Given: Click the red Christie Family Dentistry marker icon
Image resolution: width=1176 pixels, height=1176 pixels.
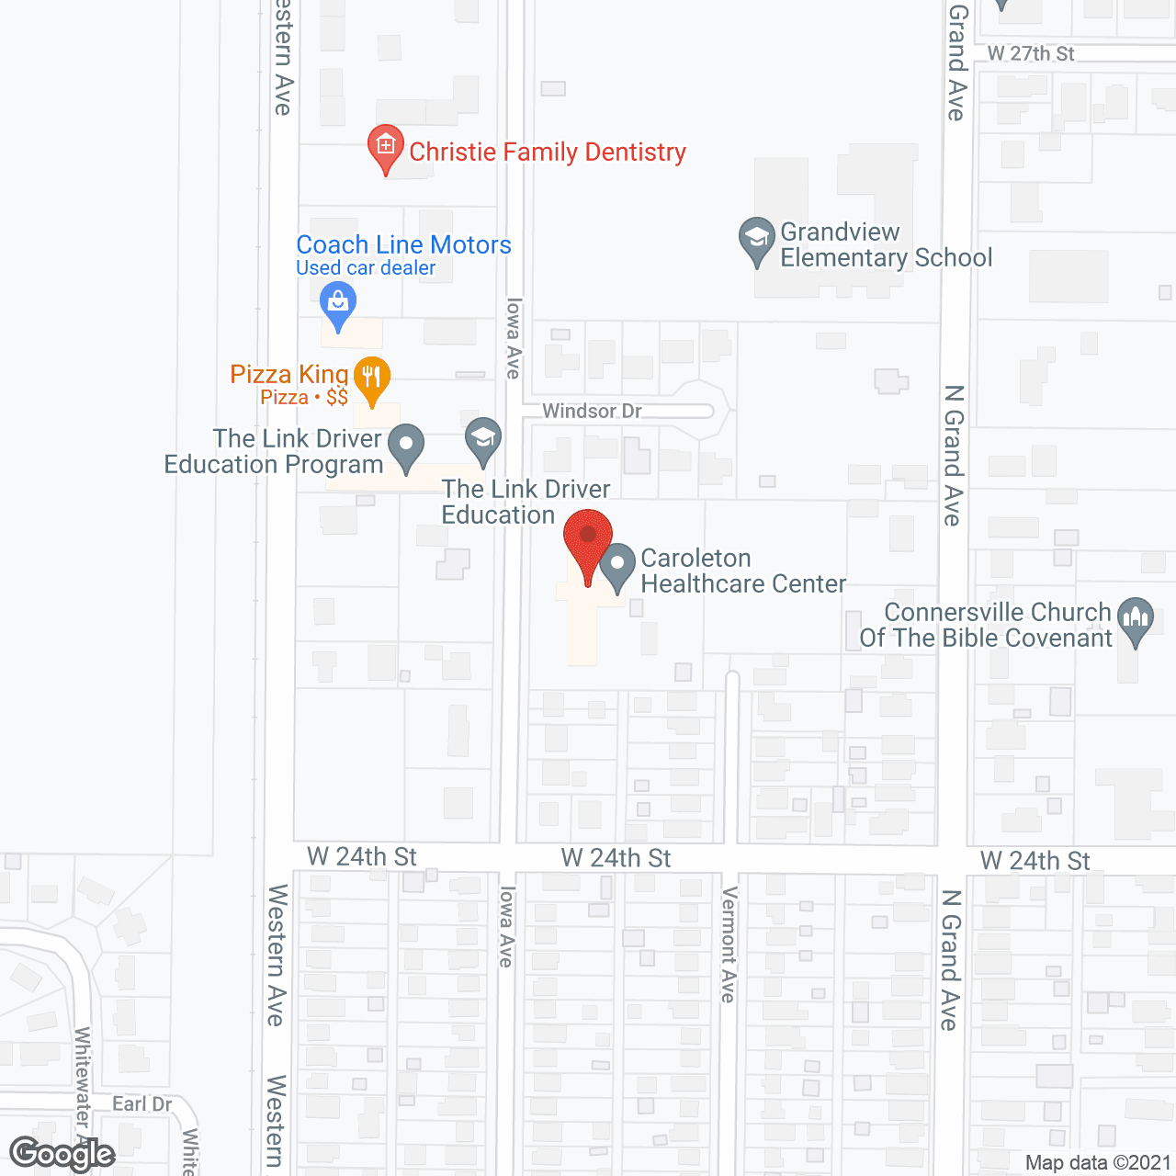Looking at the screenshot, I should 386,148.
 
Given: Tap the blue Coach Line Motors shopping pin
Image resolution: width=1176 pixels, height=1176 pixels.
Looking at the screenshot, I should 338,304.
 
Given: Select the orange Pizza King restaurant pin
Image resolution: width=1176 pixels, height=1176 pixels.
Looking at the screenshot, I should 371,379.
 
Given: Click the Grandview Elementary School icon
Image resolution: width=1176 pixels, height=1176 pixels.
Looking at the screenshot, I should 757,240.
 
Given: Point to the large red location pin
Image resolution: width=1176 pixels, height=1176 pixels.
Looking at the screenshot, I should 588,543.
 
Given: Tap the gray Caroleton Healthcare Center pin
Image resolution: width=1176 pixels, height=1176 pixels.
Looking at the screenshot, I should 617,566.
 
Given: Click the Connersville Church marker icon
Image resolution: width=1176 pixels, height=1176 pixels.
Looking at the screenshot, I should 1136,621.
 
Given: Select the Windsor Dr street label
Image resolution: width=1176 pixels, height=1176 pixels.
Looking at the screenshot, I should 592,411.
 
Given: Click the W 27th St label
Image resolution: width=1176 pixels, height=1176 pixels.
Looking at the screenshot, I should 1031,54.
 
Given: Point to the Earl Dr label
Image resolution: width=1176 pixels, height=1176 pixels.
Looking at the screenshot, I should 142,1103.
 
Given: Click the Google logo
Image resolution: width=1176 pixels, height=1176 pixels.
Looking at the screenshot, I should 62,1154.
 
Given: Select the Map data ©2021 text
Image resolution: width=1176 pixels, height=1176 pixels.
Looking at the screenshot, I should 1098,1162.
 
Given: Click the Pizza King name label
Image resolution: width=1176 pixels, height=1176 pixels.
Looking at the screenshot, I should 288,374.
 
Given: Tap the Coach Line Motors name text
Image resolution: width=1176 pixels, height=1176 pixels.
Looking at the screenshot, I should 403,244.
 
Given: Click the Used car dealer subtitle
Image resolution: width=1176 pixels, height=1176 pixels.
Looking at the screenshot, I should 366,268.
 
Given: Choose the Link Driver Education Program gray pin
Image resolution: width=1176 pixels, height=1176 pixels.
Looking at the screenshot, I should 406,447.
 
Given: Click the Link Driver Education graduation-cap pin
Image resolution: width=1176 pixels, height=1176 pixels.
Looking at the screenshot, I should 482,440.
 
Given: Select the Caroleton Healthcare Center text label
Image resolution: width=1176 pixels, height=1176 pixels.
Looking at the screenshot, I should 743,571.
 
